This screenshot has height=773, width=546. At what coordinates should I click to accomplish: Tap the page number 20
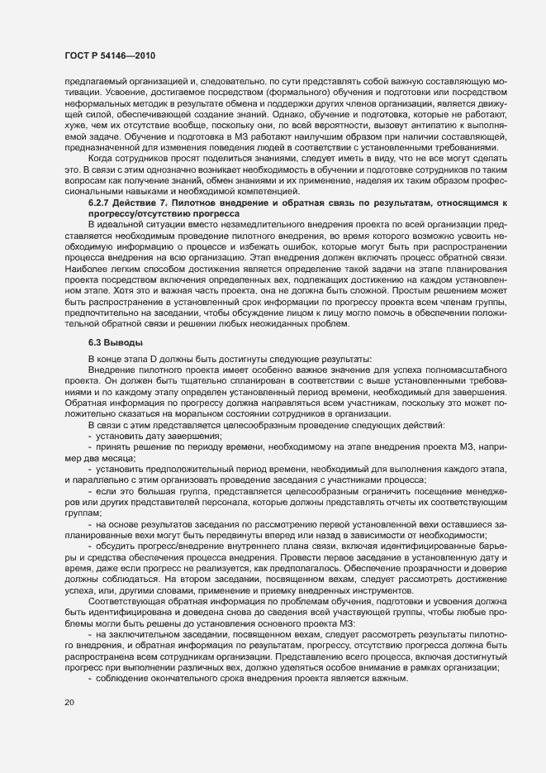(x=69, y=703)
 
